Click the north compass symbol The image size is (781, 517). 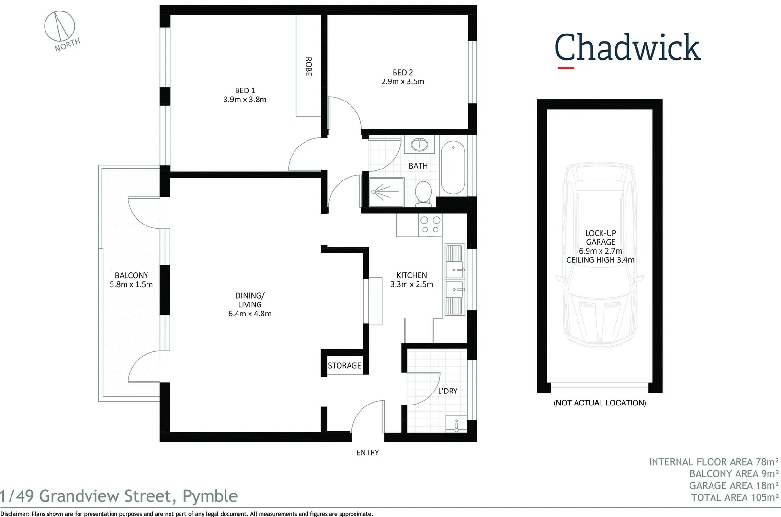coord(60,27)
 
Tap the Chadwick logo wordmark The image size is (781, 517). coord(627,48)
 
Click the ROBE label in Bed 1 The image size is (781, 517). coord(308,67)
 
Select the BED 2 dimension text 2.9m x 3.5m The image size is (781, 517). coord(402,82)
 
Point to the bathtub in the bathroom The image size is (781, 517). coord(453,167)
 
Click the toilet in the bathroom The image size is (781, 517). coord(423,193)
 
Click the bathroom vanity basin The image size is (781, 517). coord(419,145)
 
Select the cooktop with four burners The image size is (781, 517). coord(430,225)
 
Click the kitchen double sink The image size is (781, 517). coord(454,280)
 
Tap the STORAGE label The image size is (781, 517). coord(344,366)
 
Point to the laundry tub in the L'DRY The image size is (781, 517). coord(456,424)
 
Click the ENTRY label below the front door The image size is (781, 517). coord(367,453)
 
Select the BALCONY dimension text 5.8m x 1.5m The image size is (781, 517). coord(131,284)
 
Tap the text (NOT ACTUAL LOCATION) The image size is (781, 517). coord(600,403)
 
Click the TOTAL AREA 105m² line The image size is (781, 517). coord(735,497)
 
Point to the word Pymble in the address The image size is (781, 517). coord(210,496)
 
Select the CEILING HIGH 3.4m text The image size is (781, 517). coord(600,260)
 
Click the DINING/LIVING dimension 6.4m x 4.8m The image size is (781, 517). coord(249,314)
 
